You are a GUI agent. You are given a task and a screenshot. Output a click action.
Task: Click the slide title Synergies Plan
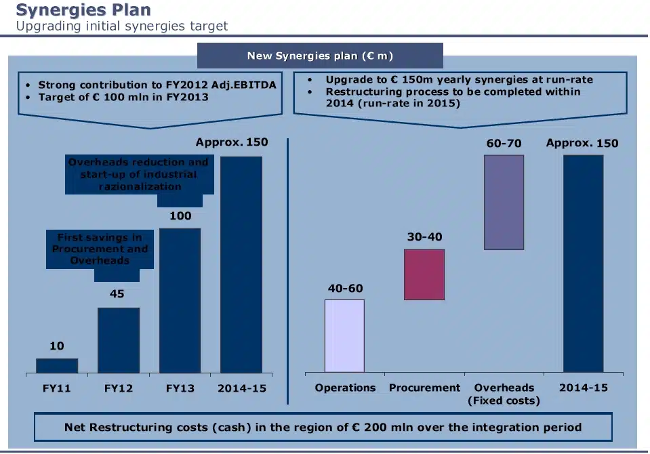click(83, 10)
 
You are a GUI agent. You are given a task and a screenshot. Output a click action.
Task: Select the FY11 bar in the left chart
click(57, 365)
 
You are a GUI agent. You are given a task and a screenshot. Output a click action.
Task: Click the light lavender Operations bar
click(344, 335)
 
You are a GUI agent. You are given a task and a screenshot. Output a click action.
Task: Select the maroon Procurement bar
click(424, 274)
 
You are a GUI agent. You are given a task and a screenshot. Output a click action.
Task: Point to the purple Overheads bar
click(504, 203)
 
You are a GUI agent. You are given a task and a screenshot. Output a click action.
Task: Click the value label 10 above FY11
click(57, 346)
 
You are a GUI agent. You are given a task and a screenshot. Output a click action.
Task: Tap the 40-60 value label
click(346, 289)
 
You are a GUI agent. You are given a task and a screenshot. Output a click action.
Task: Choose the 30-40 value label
click(424, 237)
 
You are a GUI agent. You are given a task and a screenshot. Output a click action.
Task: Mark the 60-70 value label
click(504, 144)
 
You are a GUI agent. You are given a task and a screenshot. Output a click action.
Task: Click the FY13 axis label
click(180, 388)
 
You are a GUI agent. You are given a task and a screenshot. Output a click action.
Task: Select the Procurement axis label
click(424, 388)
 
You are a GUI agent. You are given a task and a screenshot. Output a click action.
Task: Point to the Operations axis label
click(345, 388)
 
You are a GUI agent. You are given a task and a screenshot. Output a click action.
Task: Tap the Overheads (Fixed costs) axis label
click(504, 394)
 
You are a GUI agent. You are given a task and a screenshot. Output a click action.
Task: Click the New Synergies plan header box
click(320, 56)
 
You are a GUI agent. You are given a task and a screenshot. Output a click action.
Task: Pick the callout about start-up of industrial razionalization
click(139, 174)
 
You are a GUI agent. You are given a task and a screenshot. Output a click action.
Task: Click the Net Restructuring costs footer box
click(323, 428)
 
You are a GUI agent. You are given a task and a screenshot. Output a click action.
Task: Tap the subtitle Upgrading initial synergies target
click(122, 26)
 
